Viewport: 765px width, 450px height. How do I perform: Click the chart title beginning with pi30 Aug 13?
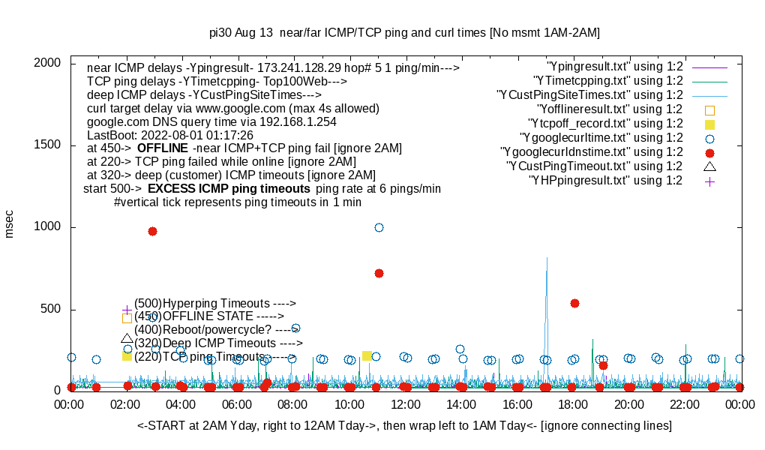click(x=404, y=33)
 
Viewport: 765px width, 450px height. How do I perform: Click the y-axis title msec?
click(x=10, y=223)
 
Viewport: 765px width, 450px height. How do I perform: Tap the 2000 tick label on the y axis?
click(x=50, y=63)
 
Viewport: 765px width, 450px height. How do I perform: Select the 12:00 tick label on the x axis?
click(x=406, y=405)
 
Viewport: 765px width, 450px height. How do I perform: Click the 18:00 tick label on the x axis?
click(x=573, y=405)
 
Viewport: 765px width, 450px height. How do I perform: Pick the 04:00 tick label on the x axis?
click(x=182, y=405)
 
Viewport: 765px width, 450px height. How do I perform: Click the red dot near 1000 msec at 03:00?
click(x=152, y=231)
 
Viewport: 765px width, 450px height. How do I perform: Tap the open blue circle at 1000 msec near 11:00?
click(x=379, y=227)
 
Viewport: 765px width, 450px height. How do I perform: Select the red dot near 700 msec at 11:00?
click(x=379, y=273)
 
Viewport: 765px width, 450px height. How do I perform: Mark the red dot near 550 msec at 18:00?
click(x=574, y=303)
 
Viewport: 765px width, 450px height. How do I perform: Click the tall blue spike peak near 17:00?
click(x=547, y=259)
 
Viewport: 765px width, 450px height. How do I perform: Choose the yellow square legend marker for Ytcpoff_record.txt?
click(x=709, y=124)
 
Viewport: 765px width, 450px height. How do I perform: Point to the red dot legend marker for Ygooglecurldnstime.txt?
click(x=709, y=152)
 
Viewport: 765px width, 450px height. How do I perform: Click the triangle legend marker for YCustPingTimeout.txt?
click(x=709, y=166)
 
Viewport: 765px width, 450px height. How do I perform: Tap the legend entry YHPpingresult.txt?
click(x=605, y=181)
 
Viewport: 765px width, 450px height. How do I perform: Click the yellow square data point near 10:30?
click(x=367, y=355)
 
